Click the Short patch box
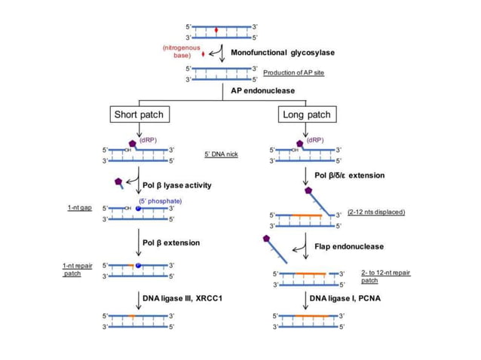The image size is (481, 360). tap(138, 114)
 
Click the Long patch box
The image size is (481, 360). tap(305, 114)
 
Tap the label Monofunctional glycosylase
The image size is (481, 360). tap(282, 52)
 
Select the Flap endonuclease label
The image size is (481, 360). tap(349, 246)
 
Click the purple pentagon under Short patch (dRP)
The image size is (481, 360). tap(133, 143)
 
